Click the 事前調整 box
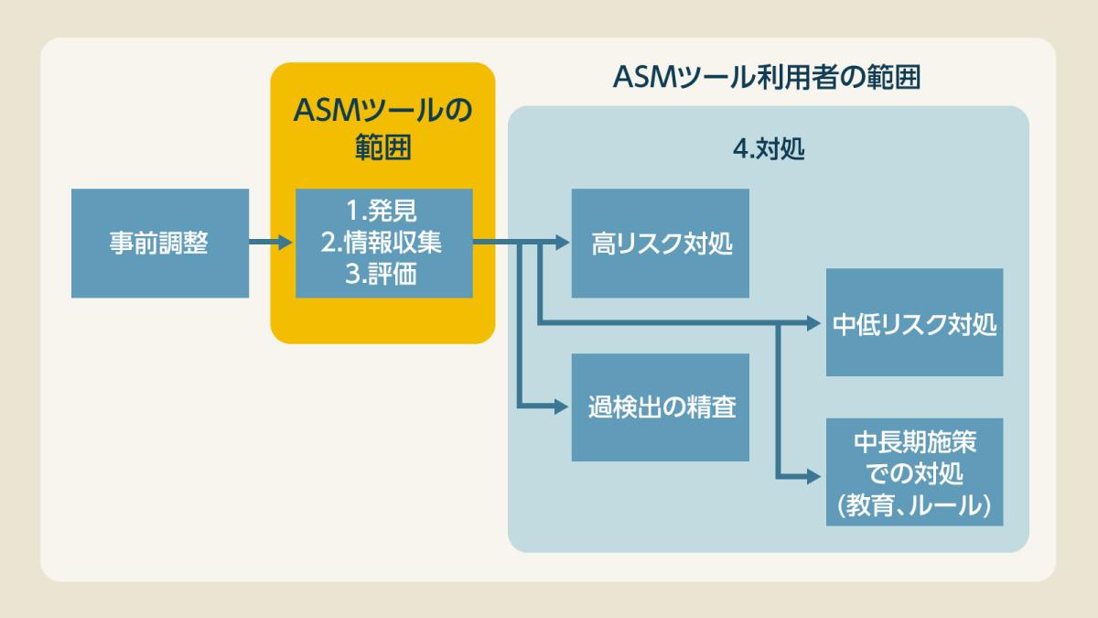click(x=160, y=244)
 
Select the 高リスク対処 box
click(x=661, y=244)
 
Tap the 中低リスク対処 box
click(x=914, y=323)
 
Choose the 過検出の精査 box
click(x=661, y=407)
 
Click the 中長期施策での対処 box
click(x=914, y=472)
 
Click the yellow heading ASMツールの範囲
click(x=382, y=128)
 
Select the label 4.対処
click(x=769, y=149)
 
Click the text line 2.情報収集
click(x=382, y=243)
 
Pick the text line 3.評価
click(x=382, y=274)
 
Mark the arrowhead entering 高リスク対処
click(x=561, y=244)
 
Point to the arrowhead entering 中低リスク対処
click(x=814, y=322)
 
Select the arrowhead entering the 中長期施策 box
click(x=814, y=476)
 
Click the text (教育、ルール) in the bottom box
click(x=914, y=504)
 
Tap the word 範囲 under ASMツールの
click(x=382, y=146)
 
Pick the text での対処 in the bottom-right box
click(x=914, y=473)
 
